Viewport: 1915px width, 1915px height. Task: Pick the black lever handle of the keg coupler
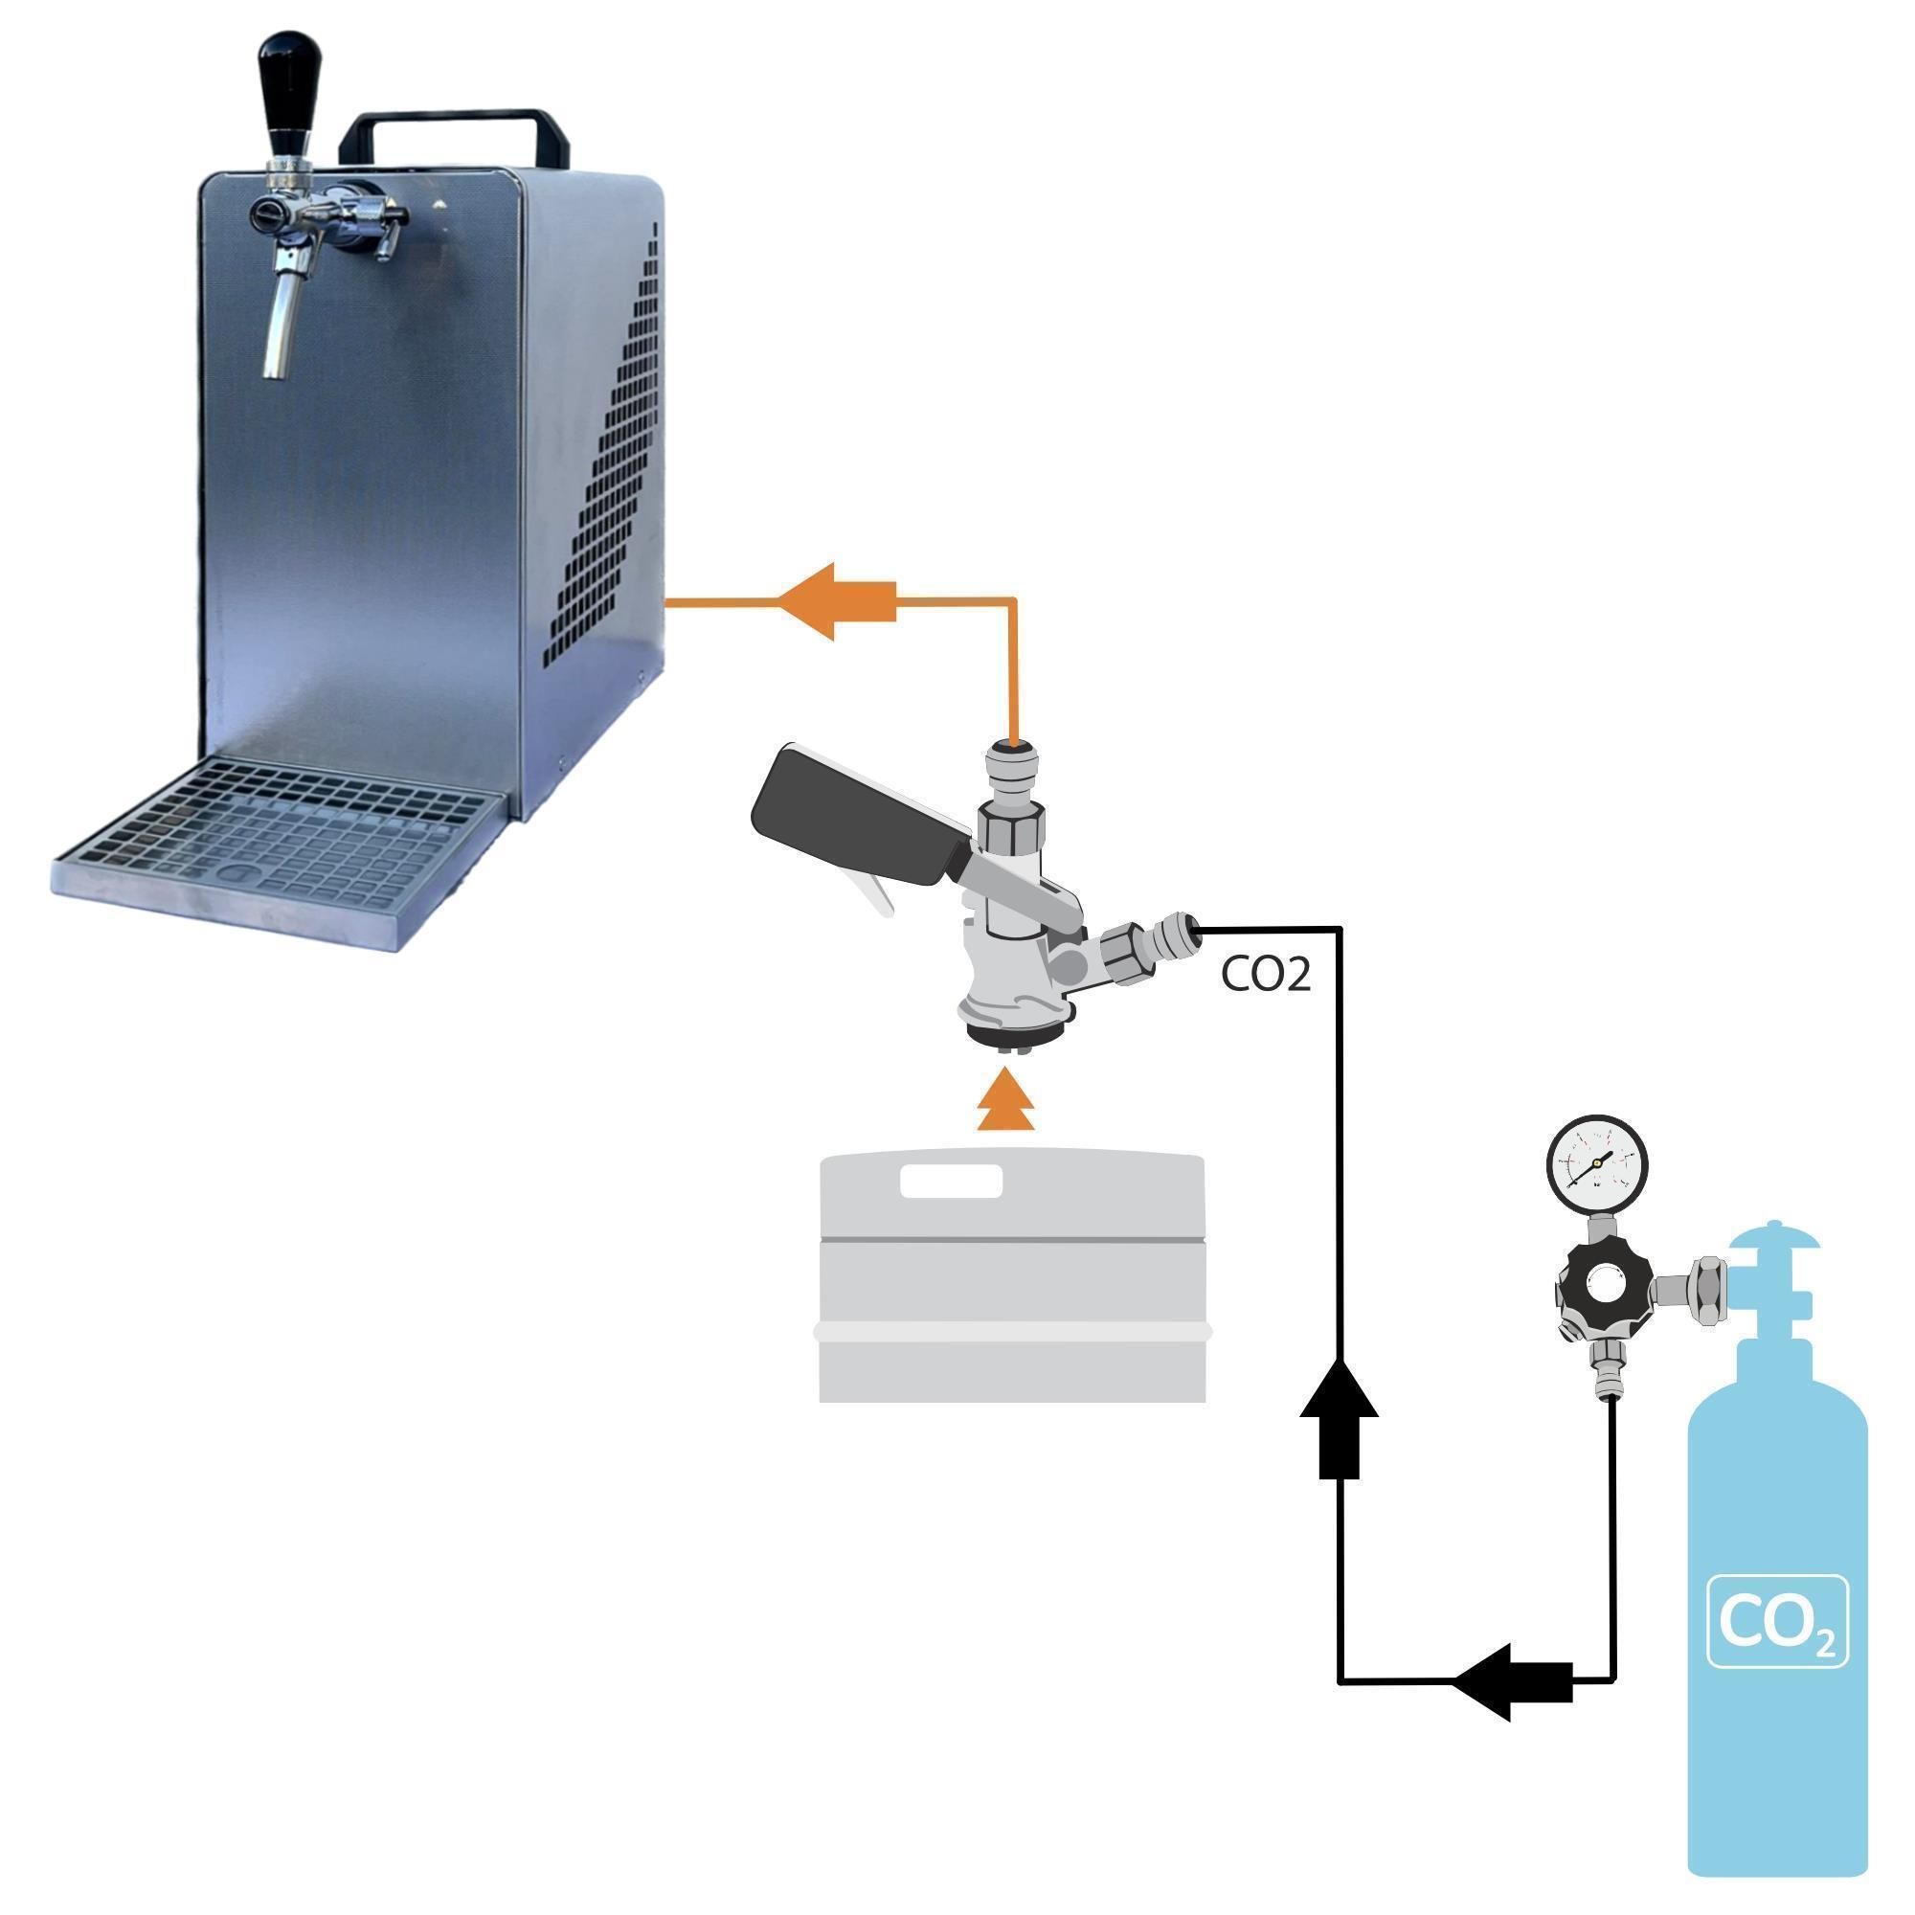(852, 819)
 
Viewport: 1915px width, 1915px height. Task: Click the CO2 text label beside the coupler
(1266, 975)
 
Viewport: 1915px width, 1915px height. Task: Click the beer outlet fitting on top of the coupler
(1011, 768)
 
